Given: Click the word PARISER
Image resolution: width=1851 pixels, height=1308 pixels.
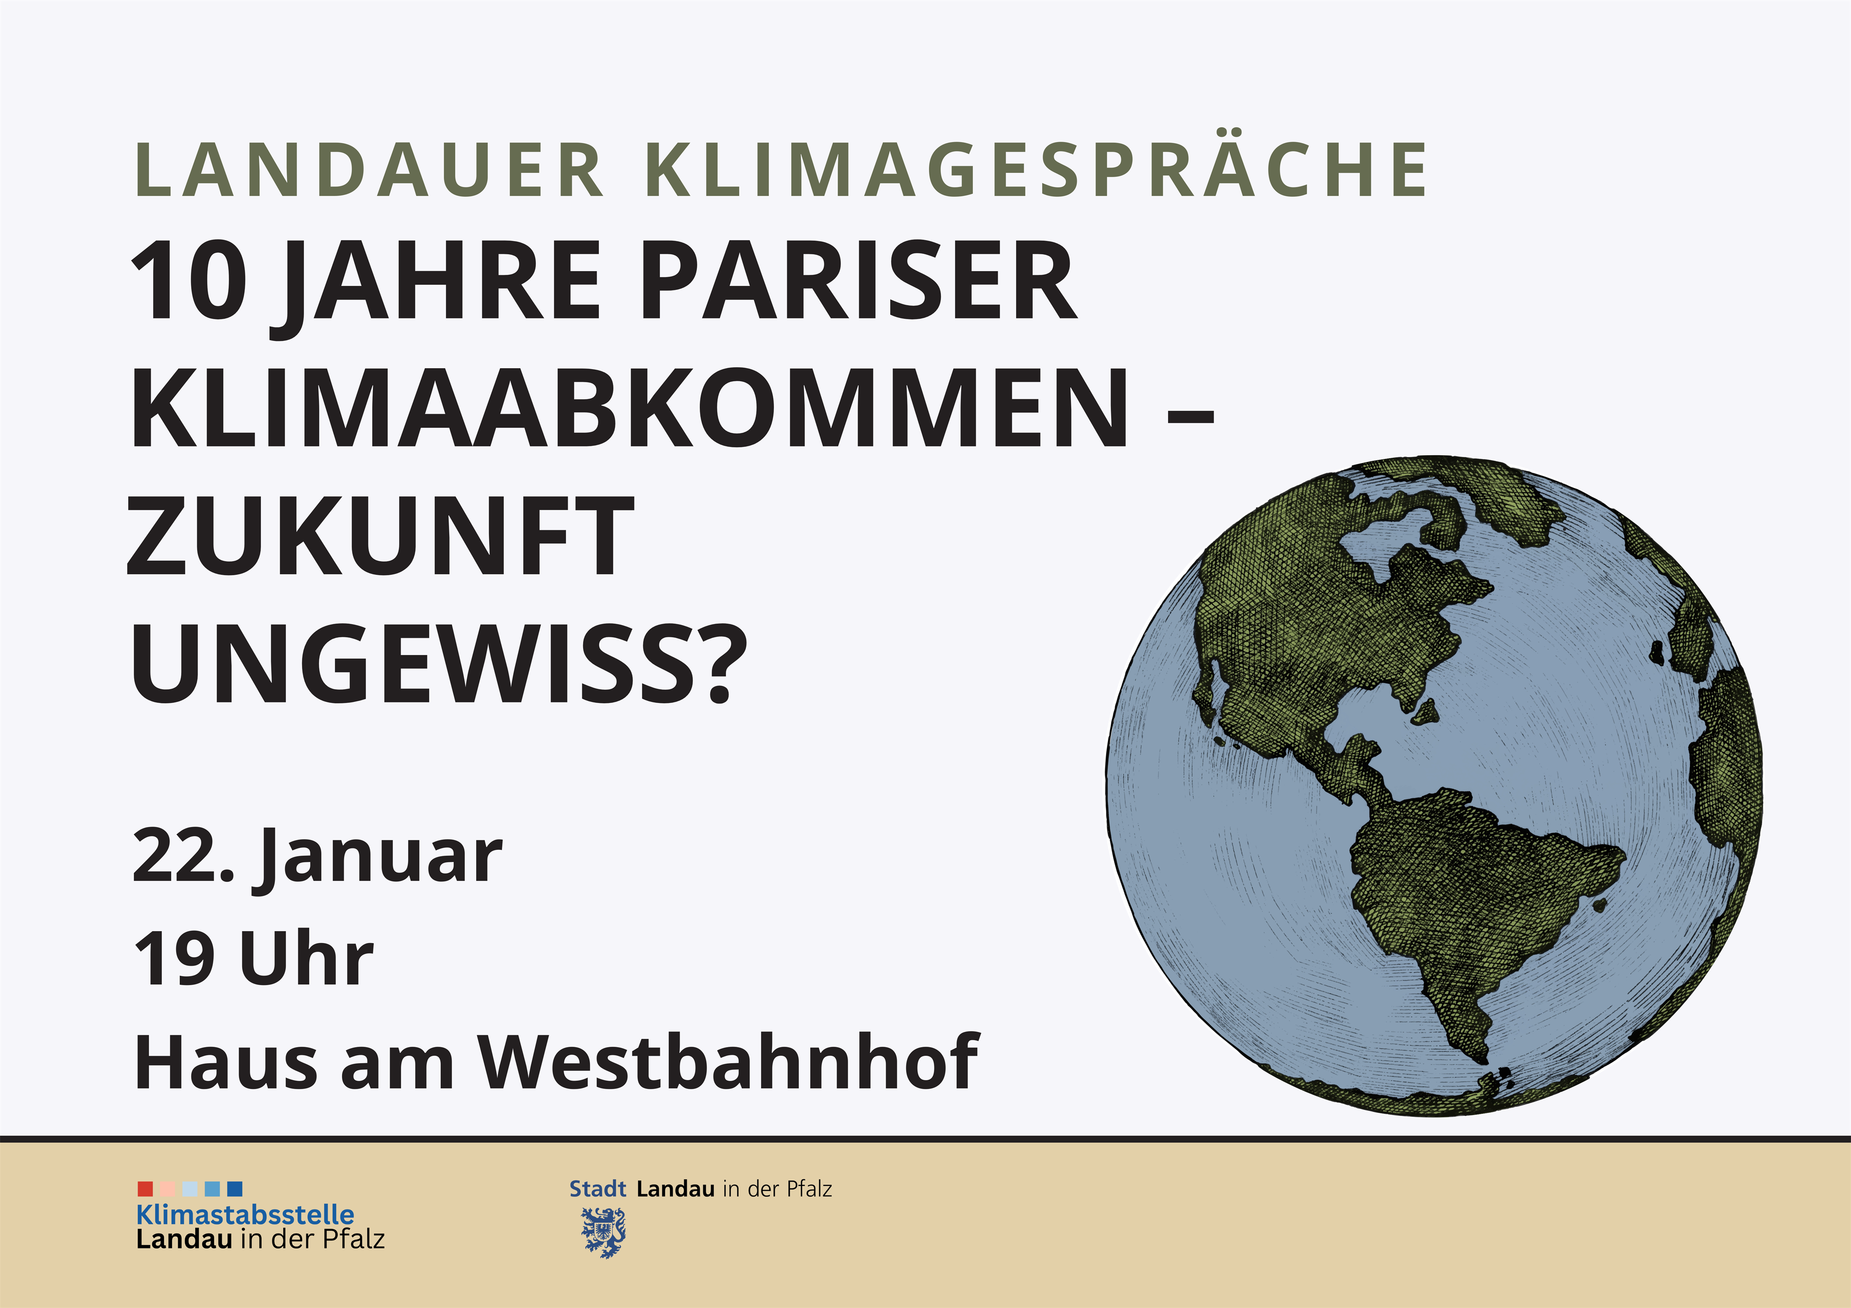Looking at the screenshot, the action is coord(858,280).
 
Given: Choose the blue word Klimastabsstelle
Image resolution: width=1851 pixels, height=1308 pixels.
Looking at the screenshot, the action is coord(245,1215).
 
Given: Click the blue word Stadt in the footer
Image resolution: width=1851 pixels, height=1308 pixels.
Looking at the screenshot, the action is coord(597,1189).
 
